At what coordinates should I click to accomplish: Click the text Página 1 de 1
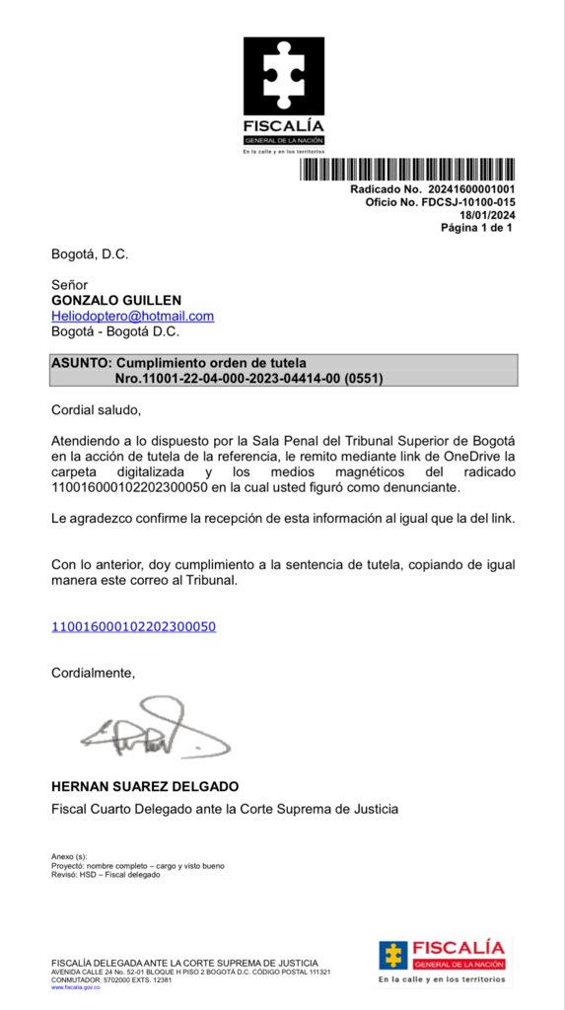point(477,228)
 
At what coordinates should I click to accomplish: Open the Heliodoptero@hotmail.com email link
point(132,316)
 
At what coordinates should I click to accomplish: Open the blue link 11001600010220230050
point(133,626)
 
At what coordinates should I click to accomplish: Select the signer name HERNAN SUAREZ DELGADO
point(144,787)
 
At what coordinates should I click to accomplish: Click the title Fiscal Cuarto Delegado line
point(225,810)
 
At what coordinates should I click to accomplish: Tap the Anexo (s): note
point(69,856)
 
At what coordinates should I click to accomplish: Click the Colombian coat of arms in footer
point(394,956)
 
